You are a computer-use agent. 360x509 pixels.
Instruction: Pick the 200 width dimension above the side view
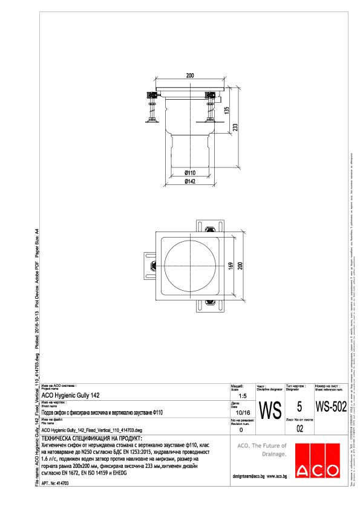pyautogui.click(x=189, y=76)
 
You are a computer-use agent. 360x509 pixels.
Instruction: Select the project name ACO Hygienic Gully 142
pyautogui.click(x=71, y=395)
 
